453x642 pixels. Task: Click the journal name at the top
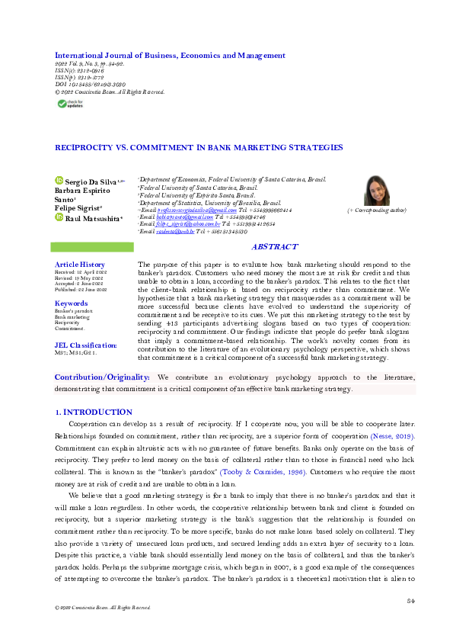[x=170, y=55]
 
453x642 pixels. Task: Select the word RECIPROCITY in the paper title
[x=83, y=147]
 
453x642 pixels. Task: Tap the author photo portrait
[x=378, y=191]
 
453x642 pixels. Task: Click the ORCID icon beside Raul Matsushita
[x=58, y=217]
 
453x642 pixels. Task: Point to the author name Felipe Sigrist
[x=79, y=208]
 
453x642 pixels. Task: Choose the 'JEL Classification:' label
[x=85, y=345]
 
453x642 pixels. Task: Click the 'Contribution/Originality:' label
[x=102, y=377]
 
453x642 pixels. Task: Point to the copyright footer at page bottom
[x=97, y=629]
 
